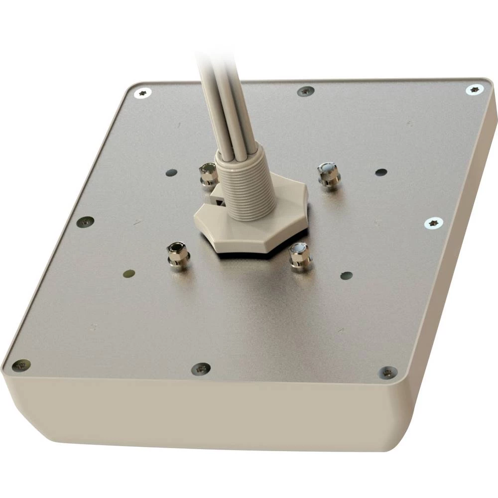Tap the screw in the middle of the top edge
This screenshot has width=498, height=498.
point(305,92)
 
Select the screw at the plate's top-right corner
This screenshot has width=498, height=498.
point(475,90)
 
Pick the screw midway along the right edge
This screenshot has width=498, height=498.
point(434,223)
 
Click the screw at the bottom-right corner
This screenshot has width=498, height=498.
point(387,372)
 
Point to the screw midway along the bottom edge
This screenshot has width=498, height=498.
point(201,369)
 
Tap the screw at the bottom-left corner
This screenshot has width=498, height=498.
point(21,366)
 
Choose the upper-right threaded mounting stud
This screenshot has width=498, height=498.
point(328,174)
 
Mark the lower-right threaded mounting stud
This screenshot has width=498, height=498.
point(300,255)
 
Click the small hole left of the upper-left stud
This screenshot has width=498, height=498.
point(171,173)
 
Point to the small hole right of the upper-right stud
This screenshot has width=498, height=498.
point(381,172)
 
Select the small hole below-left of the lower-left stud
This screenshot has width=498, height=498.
point(129,273)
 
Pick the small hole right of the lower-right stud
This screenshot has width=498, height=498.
point(346,275)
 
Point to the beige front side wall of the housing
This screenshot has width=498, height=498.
point(199,413)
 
